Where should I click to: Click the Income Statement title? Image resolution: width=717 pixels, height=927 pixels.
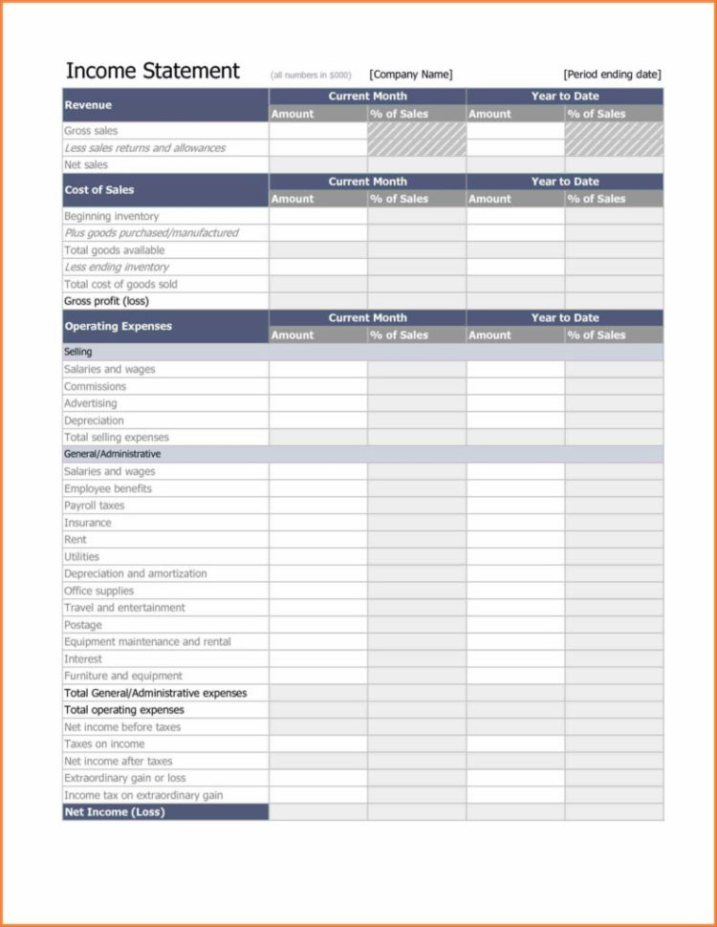click(152, 72)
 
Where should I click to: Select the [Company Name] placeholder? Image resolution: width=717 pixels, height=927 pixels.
click(411, 75)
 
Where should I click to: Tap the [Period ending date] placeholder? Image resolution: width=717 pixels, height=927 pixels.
click(612, 75)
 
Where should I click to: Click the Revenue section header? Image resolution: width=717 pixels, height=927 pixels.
click(88, 105)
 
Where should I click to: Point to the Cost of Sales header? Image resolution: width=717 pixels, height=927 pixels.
click(99, 190)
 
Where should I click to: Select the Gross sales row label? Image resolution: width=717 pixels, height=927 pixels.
click(91, 131)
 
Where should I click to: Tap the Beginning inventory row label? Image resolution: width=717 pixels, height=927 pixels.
click(111, 216)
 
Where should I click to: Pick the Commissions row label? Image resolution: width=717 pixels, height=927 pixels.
click(95, 386)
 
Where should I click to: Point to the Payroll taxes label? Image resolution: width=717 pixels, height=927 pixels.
click(94, 506)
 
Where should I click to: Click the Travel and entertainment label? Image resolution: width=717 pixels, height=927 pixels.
click(124, 608)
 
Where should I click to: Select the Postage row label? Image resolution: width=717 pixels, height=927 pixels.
click(82, 625)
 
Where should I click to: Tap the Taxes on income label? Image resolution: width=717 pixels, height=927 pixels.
click(104, 744)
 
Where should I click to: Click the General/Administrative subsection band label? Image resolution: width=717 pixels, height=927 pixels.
click(112, 454)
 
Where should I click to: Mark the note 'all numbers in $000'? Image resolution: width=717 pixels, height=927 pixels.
click(311, 75)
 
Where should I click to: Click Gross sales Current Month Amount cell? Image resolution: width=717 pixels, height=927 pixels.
click(318, 131)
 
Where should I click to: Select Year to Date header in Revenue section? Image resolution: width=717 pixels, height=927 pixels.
click(564, 97)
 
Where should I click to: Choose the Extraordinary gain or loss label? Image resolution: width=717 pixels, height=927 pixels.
click(124, 778)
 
